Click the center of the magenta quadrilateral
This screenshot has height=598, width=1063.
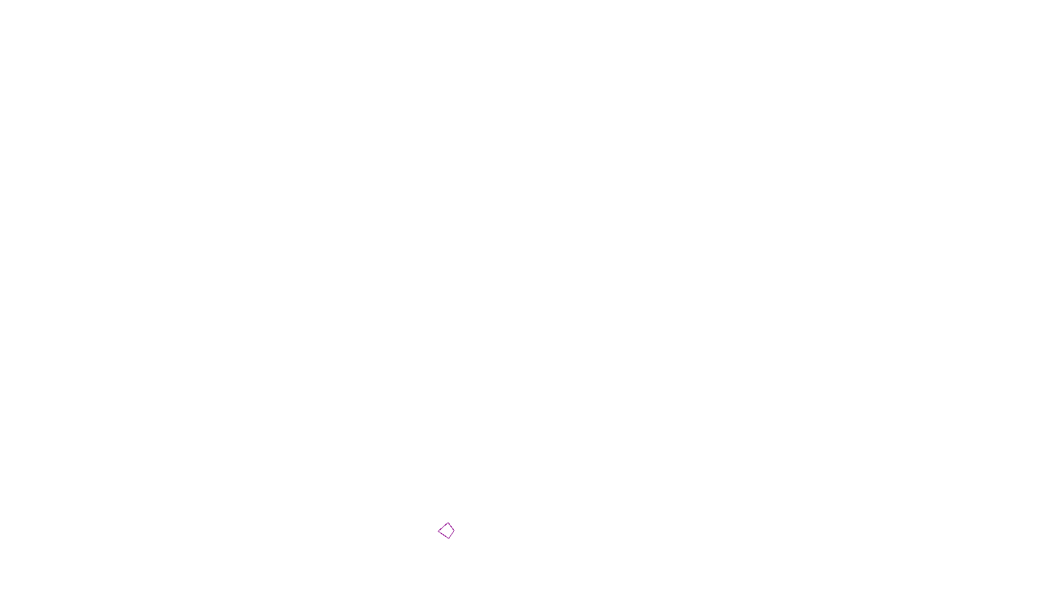tap(446, 530)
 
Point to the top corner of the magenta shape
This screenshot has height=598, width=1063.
tap(448, 523)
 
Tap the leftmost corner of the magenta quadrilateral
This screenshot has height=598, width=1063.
tap(438, 530)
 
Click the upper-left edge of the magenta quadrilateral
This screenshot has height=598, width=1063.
tap(443, 526)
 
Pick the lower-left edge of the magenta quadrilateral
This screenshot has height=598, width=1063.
tap(442, 534)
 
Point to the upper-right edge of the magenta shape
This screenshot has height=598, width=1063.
tap(452, 527)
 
